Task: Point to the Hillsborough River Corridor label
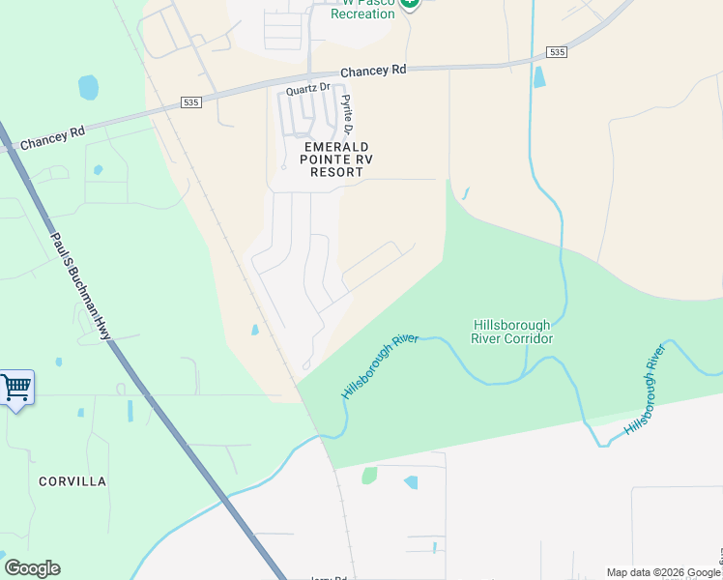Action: [512, 332]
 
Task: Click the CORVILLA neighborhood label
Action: [72, 480]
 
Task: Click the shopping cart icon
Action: [15, 389]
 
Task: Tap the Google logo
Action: [32, 568]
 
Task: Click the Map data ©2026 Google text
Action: [664, 572]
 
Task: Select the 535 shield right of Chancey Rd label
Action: [556, 51]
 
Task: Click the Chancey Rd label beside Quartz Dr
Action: [373, 71]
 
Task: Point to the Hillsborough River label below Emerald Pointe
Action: [379, 366]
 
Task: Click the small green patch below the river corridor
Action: [369, 475]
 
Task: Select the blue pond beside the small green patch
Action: [411, 482]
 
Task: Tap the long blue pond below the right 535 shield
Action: [538, 76]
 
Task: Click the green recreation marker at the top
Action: [410, 3]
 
